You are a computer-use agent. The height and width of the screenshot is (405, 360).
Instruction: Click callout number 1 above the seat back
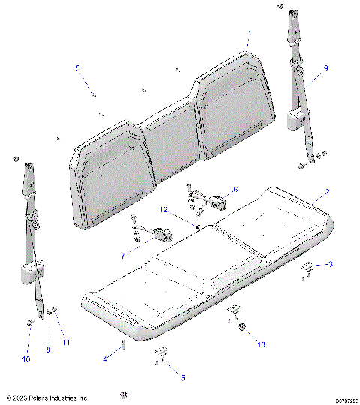248,33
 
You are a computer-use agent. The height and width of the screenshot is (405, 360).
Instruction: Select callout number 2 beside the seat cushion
326,193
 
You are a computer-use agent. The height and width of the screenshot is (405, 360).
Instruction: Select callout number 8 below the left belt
49,349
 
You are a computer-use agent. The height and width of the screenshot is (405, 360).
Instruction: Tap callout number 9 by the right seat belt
325,68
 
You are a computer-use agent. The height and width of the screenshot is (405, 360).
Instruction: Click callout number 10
26,359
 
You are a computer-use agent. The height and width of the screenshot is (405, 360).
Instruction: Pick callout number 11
67,343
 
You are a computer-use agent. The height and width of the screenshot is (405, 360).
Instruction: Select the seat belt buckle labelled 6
218,200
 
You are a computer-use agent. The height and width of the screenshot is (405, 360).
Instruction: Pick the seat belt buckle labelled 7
160,235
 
